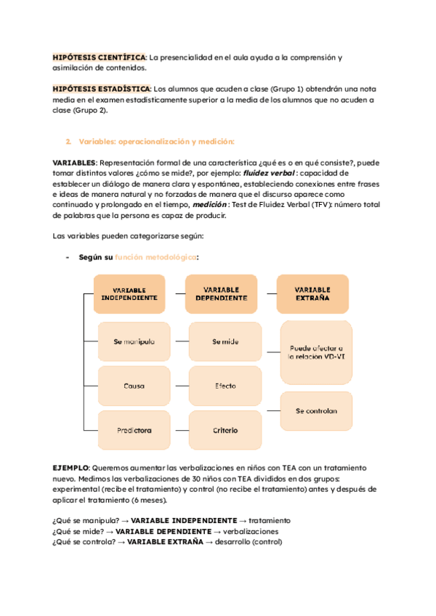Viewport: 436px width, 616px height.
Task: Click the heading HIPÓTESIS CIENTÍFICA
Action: click(x=100, y=57)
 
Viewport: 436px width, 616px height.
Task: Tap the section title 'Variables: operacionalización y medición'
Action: click(x=156, y=141)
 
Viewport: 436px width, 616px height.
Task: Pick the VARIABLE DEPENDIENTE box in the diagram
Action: click(x=222, y=294)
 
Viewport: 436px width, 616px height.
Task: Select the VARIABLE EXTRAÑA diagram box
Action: click(x=313, y=294)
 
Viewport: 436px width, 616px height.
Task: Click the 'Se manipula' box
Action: click(x=134, y=341)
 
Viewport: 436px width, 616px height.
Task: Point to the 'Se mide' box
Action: click(x=225, y=341)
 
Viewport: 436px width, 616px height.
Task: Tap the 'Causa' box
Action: click(x=134, y=386)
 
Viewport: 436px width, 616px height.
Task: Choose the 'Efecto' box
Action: click(x=225, y=386)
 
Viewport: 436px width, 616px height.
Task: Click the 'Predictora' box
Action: click(x=134, y=430)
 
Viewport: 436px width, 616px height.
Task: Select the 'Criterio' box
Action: click(x=225, y=430)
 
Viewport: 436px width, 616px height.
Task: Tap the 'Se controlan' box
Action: click(x=316, y=411)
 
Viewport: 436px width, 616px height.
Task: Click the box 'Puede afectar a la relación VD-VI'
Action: click(x=316, y=352)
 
